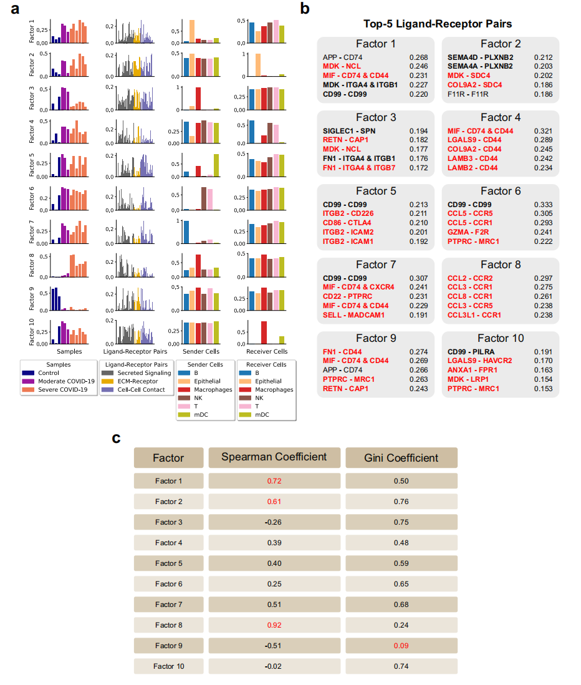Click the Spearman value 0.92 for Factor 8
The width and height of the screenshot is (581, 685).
tap(274, 624)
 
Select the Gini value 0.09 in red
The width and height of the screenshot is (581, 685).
tap(401, 645)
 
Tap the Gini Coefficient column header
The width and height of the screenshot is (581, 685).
tap(401, 458)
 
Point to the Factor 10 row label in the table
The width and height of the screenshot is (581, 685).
tap(169, 666)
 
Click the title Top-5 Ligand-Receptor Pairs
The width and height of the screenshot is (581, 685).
tap(438, 24)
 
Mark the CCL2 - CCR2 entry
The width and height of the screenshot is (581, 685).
tap(470, 278)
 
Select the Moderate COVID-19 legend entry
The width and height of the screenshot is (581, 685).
tap(65, 381)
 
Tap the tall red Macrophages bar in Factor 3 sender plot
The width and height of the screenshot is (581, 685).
tap(198, 99)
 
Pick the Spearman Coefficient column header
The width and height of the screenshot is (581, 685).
tap(274, 457)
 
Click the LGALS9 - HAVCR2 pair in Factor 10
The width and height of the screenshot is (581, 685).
tap(479, 361)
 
